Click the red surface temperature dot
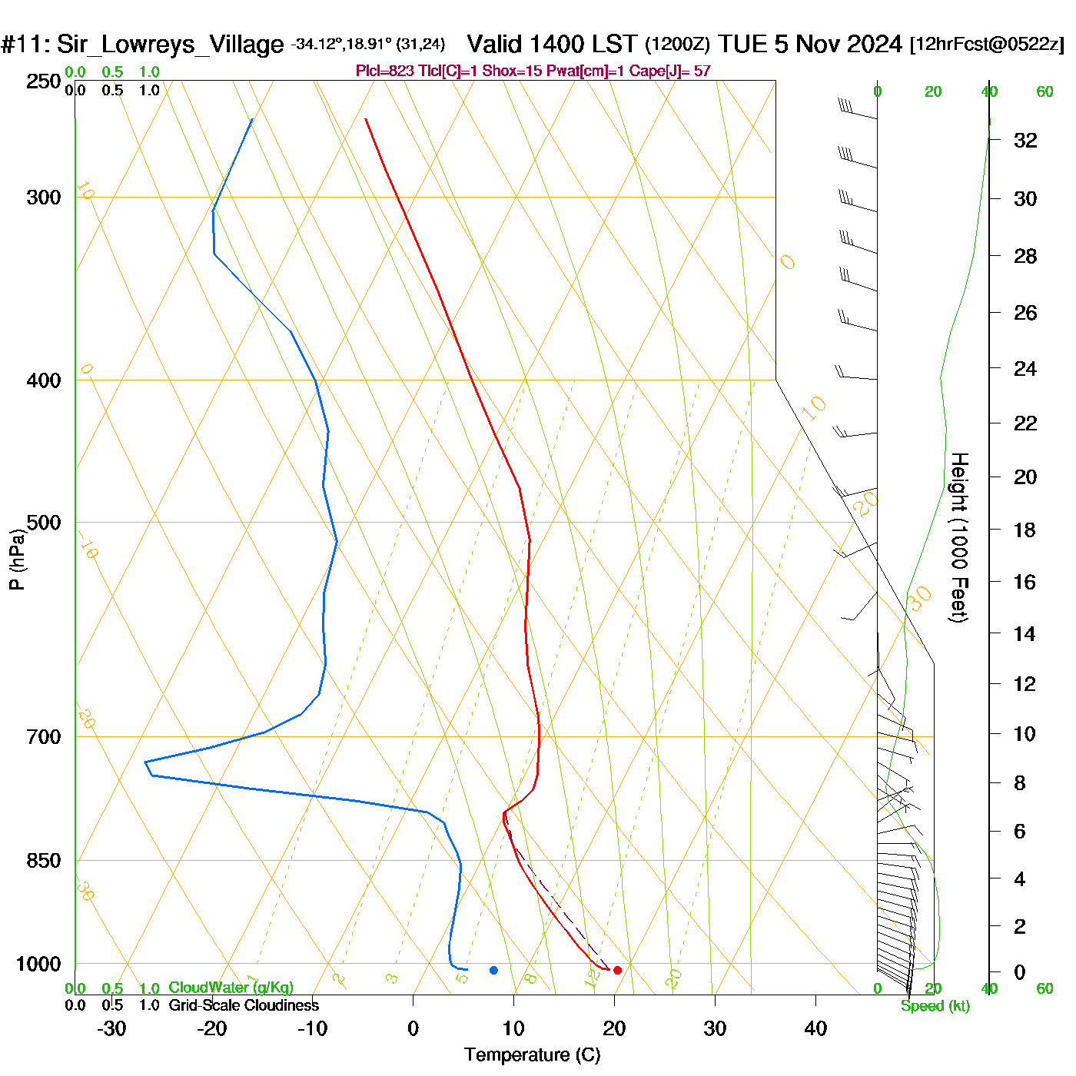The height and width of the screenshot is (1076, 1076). [x=617, y=970]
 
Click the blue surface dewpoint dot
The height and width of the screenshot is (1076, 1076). [x=493, y=970]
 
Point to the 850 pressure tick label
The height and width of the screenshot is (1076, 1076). [x=44, y=861]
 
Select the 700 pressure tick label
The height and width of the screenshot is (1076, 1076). [x=44, y=737]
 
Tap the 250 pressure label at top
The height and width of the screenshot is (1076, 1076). [x=44, y=81]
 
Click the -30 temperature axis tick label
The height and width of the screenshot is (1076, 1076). [x=111, y=1028]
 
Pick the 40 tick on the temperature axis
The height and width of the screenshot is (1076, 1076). [x=815, y=1028]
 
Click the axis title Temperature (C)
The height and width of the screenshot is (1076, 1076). [x=532, y=1055]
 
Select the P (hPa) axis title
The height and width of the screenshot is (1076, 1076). [x=17, y=559]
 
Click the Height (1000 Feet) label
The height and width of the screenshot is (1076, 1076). [x=959, y=537]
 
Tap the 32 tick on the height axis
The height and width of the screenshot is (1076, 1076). [x=1025, y=140]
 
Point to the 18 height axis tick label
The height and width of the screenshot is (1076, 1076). [x=1025, y=530]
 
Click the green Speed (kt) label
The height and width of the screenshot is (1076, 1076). [x=935, y=1006]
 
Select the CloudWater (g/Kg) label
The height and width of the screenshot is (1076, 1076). [x=231, y=988]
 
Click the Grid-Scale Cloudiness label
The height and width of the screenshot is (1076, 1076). [x=244, y=1005]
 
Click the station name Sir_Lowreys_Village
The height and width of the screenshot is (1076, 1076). [x=170, y=45]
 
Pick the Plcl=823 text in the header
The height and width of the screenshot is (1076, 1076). [x=384, y=71]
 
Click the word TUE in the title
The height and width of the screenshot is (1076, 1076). [x=743, y=44]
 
